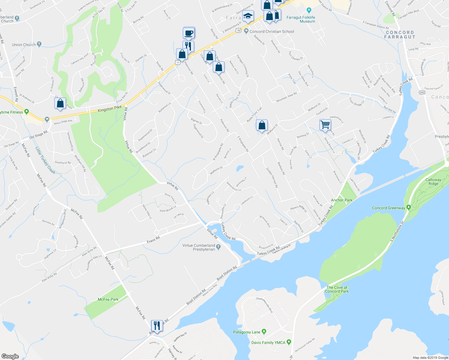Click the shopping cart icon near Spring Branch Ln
325,124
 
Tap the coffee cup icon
189,33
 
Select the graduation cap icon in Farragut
248,16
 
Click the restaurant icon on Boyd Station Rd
157,325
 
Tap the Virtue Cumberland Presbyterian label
199,247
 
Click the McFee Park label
108,299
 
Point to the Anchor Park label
342,200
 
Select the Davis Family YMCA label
268,343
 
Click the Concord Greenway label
388,208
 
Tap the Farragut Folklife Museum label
301,19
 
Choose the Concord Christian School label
272,31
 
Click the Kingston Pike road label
110,109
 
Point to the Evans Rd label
153,239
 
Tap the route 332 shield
422,92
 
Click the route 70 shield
238,30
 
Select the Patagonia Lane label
247,332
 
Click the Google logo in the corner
10,356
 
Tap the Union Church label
24,45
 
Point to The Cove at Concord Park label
337,289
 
